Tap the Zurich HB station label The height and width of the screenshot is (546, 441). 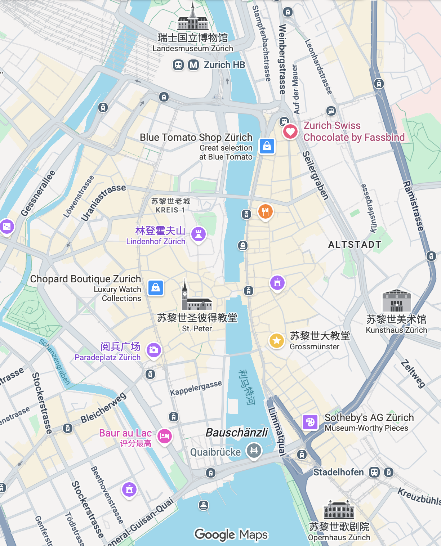point(224,65)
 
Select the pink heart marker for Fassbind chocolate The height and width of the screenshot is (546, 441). point(290,131)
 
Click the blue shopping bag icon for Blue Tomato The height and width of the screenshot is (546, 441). point(267,146)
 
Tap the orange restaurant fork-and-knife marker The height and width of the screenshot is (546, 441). point(266,211)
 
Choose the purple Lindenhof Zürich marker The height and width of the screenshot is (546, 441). point(198,234)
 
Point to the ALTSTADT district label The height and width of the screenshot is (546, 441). point(355,245)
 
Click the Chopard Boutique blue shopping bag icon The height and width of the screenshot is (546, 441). point(156,288)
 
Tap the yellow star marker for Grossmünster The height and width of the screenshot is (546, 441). point(277,340)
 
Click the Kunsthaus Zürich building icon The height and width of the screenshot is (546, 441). point(396,301)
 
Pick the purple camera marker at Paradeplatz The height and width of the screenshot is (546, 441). point(154,350)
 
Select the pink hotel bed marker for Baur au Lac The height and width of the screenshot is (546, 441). point(165,436)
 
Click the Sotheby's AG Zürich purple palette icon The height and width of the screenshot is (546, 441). point(310,422)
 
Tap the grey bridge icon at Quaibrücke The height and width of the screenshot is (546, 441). point(254,450)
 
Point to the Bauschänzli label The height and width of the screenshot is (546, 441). point(237,432)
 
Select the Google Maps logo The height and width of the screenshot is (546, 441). point(231,535)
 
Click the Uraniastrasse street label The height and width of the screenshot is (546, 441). point(103,202)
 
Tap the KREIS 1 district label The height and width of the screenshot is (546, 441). point(170,210)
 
